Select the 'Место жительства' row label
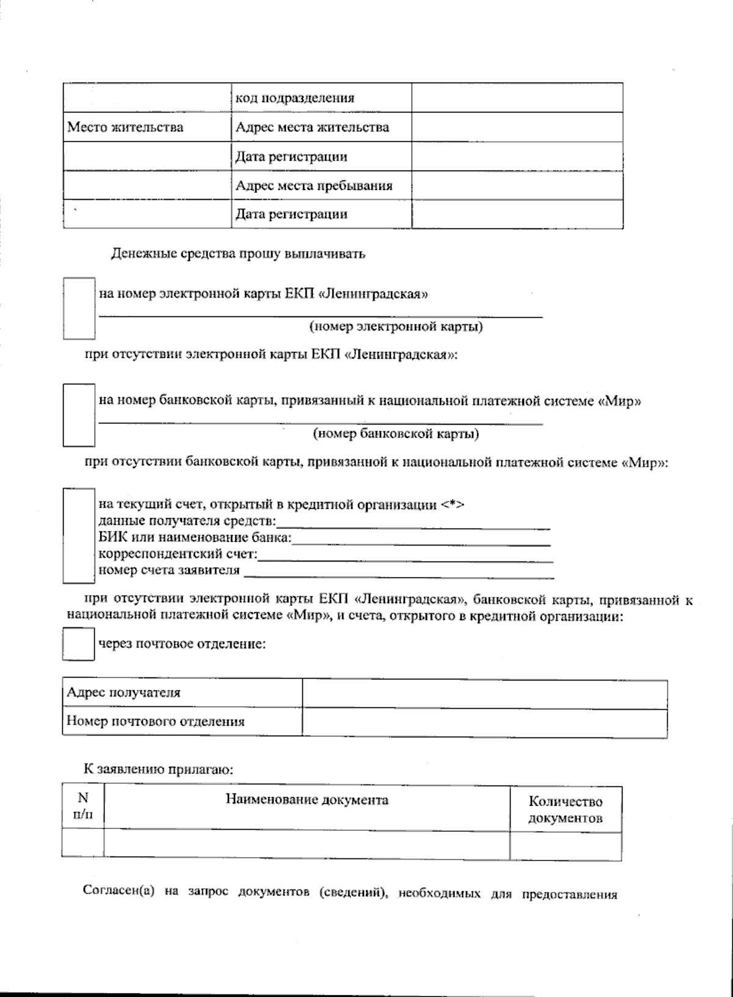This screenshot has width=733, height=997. (x=125, y=128)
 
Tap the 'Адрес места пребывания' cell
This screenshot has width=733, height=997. (x=314, y=185)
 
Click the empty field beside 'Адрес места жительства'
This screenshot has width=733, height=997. (x=517, y=127)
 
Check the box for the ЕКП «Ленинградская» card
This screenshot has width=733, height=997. (x=79, y=309)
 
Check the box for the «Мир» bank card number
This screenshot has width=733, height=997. (x=79, y=415)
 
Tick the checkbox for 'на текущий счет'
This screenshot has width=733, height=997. (x=79, y=535)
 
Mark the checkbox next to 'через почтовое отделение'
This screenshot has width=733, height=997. (x=78, y=646)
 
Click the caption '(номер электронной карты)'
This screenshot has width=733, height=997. (x=396, y=327)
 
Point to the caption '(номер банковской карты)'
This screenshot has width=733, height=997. (x=396, y=434)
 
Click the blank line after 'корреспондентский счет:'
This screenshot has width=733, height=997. (x=406, y=557)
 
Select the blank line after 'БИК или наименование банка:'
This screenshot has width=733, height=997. (x=421, y=541)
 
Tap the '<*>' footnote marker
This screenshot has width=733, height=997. (x=453, y=505)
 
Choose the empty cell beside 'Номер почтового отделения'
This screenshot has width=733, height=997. (x=484, y=722)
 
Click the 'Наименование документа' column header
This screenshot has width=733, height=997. (x=307, y=800)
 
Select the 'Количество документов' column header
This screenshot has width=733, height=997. (x=565, y=810)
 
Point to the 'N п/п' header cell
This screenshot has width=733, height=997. (x=82, y=807)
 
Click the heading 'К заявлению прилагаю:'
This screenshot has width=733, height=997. (x=158, y=769)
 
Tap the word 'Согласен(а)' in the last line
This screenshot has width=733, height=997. (x=117, y=891)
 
